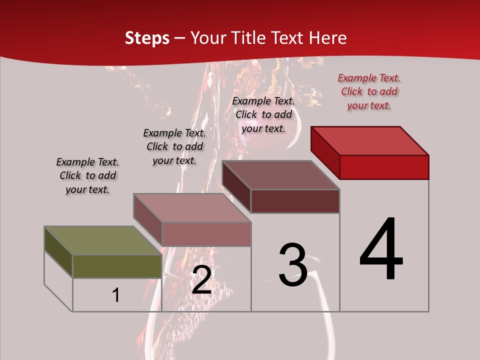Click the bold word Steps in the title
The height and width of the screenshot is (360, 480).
(x=147, y=38)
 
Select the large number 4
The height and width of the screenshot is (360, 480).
(x=381, y=249)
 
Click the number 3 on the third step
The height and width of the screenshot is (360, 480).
(x=293, y=265)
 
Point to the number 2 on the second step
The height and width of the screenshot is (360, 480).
(x=201, y=280)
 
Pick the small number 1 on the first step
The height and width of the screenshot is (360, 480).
(x=116, y=295)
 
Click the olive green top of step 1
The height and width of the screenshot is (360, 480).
(x=102, y=240)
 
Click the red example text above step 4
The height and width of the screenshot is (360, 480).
(x=369, y=91)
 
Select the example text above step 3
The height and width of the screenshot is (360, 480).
(x=263, y=114)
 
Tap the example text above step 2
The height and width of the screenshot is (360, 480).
(x=174, y=146)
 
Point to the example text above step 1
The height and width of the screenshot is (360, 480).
(x=87, y=175)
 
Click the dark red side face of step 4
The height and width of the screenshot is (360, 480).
(x=325, y=152)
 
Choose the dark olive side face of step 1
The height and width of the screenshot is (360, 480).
(x=58, y=253)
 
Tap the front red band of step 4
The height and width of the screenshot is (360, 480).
(x=384, y=167)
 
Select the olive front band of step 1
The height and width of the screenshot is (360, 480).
(x=117, y=266)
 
